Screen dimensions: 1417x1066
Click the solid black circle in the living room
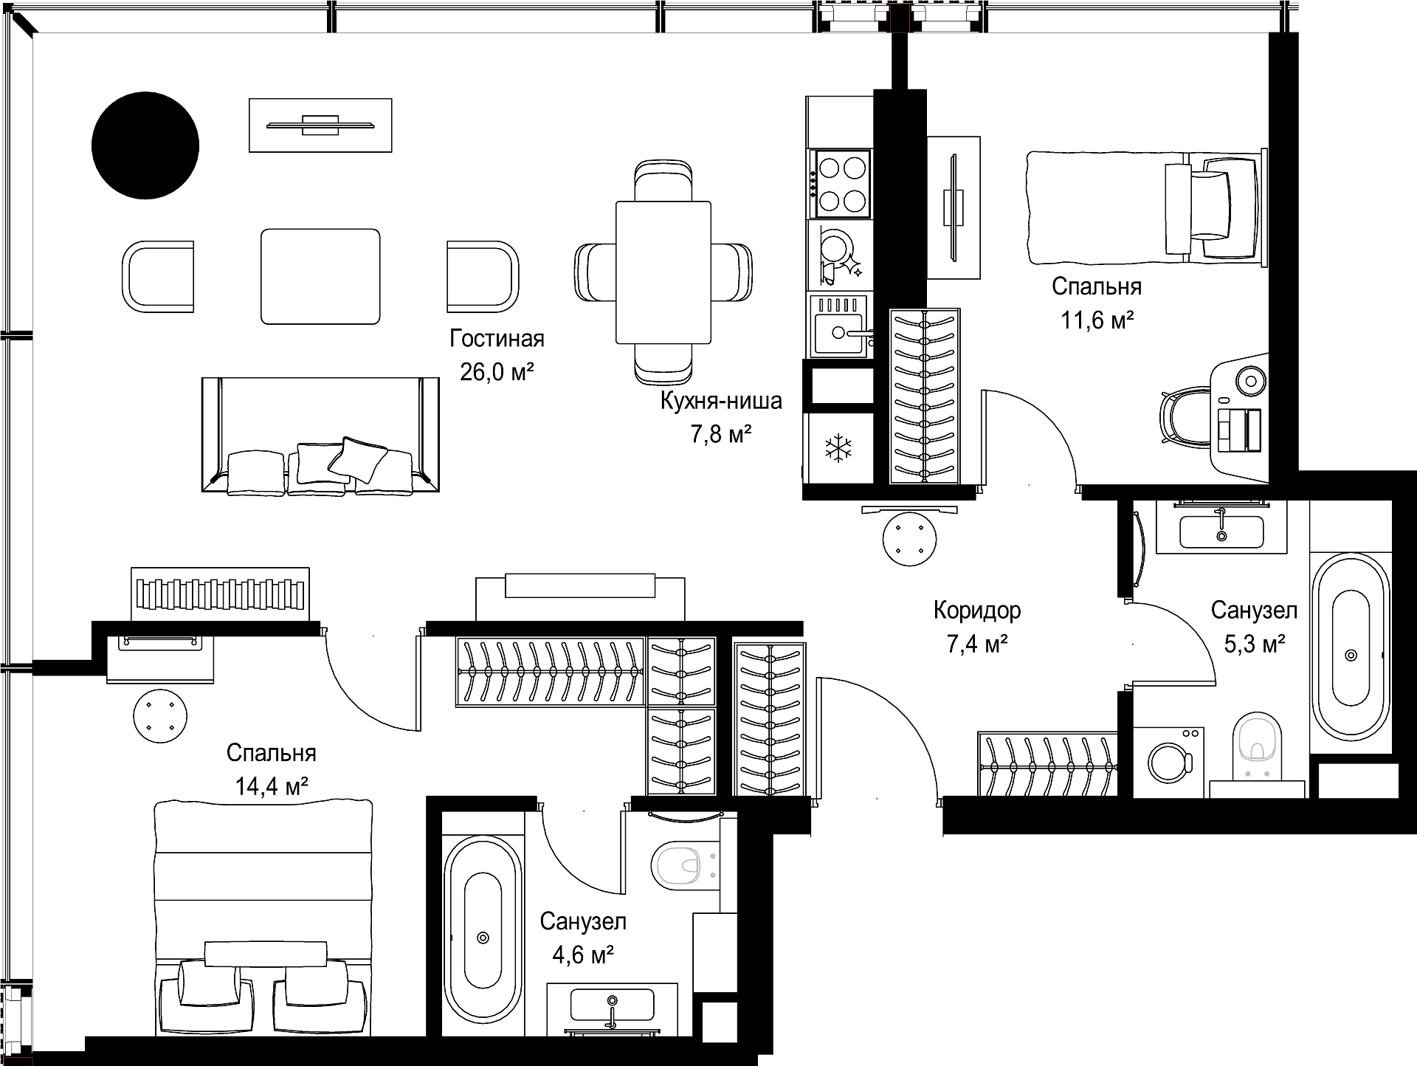[145, 145]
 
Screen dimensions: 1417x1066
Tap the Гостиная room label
[497, 339]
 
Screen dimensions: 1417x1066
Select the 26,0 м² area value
[497, 371]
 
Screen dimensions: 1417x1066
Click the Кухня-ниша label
[721, 402]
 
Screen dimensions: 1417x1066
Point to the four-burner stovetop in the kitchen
[841, 184]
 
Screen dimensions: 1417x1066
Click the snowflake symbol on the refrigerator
[838, 449]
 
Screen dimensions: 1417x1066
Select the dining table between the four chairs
[663, 272]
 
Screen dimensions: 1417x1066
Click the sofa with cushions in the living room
[320, 435]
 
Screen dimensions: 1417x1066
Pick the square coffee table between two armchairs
[320, 276]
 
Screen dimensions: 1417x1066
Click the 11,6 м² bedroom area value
[1097, 320]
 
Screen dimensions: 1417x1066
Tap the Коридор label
[977, 611]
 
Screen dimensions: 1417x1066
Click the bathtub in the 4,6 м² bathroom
[483, 937]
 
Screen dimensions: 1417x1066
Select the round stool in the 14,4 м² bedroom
[160, 716]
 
